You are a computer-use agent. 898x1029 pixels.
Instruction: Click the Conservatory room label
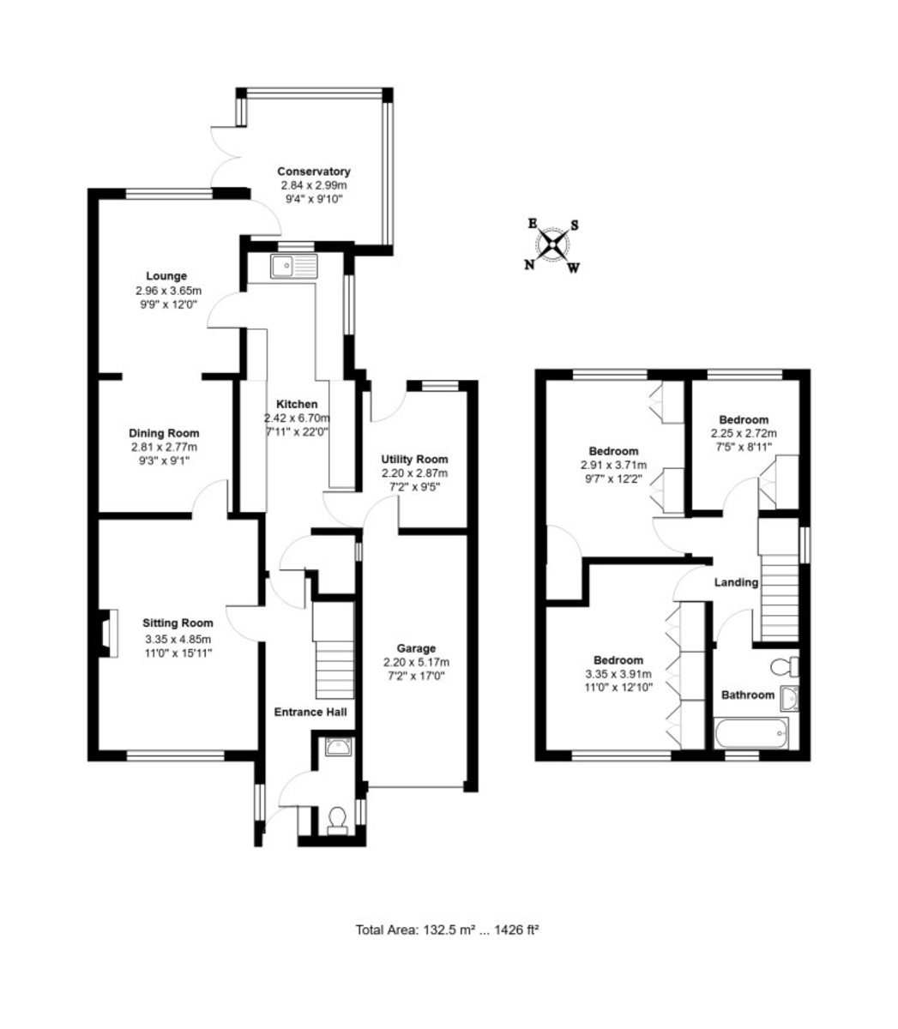click(x=313, y=171)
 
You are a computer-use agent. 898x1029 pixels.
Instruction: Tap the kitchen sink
click(x=294, y=266)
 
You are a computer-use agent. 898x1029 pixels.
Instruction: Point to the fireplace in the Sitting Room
click(x=108, y=633)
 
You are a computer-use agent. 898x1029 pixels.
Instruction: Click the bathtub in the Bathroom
click(x=751, y=734)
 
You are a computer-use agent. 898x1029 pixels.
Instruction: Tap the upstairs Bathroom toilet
click(x=784, y=667)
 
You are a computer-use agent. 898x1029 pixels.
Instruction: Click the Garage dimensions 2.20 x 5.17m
click(x=416, y=662)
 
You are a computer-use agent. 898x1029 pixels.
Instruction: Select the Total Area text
click(x=447, y=930)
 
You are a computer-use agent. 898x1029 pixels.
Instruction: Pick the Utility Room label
click(x=414, y=459)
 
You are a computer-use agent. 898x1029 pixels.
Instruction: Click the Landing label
click(x=736, y=582)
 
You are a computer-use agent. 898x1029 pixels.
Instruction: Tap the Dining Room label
click(x=164, y=433)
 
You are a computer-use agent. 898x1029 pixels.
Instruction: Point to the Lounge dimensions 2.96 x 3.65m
click(x=168, y=291)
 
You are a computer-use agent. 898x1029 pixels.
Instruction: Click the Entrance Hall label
click(x=310, y=712)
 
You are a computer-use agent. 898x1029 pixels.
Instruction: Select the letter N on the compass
click(x=529, y=265)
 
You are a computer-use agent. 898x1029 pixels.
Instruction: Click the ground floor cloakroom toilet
click(x=336, y=820)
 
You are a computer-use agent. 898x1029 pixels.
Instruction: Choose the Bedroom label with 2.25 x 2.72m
click(x=744, y=419)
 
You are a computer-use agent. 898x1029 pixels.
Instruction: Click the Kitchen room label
click(x=297, y=404)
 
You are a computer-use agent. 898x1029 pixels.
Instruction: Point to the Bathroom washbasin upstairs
click(x=789, y=699)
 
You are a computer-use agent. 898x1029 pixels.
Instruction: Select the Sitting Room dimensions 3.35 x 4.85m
click(x=178, y=639)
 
